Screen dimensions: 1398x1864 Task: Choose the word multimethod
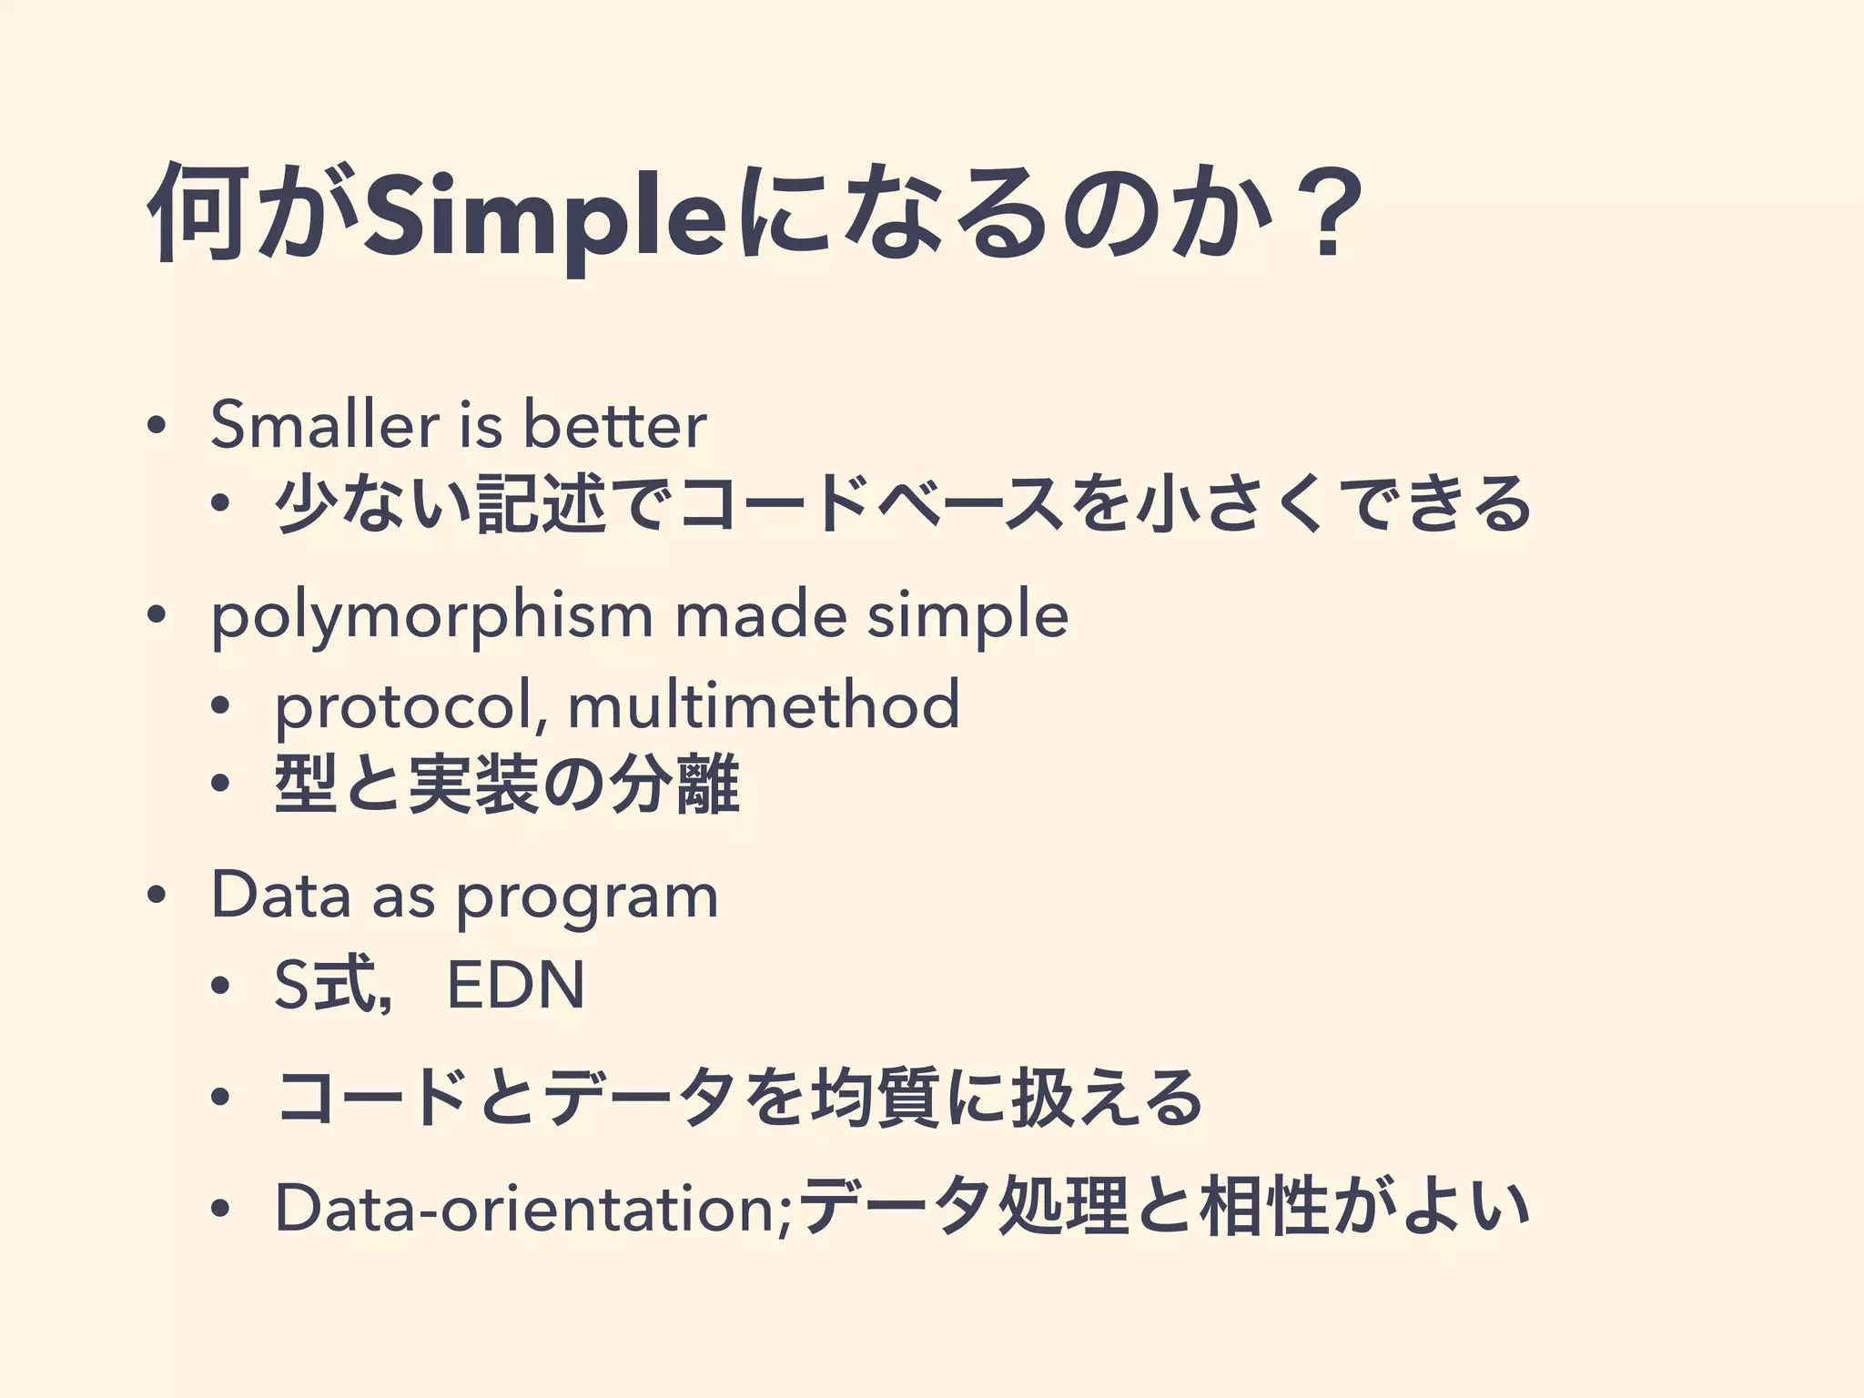(764, 704)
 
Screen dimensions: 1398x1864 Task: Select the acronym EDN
(516, 986)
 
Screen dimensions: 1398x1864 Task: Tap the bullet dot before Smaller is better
(157, 427)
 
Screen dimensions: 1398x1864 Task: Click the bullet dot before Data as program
(157, 896)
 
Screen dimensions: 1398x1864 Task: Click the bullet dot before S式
(219, 987)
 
